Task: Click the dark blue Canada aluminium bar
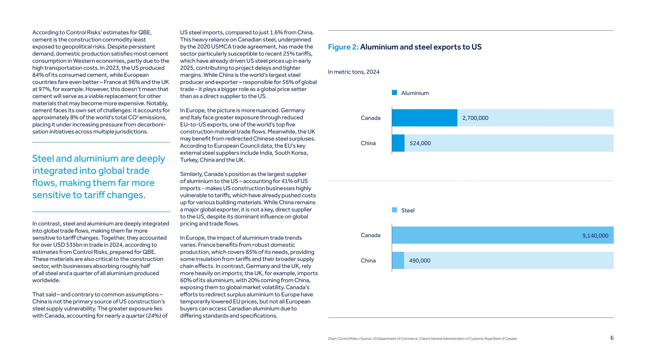click(x=424, y=118)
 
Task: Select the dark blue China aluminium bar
click(x=398, y=143)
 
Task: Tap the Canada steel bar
click(x=486, y=235)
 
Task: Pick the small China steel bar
click(x=398, y=260)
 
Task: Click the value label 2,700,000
click(x=475, y=118)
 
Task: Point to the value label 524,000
click(x=420, y=143)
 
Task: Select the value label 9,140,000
click(x=595, y=236)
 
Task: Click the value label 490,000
click(x=420, y=260)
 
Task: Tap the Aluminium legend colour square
click(x=394, y=93)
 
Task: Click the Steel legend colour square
click(x=394, y=210)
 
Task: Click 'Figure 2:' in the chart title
click(x=343, y=47)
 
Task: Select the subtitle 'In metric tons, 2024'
click(x=353, y=72)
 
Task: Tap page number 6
click(x=612, y=338)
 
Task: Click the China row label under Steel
click(x=368, y=260)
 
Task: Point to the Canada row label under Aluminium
click(x=371, y=118)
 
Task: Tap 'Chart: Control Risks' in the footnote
click(x=343, y=339)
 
